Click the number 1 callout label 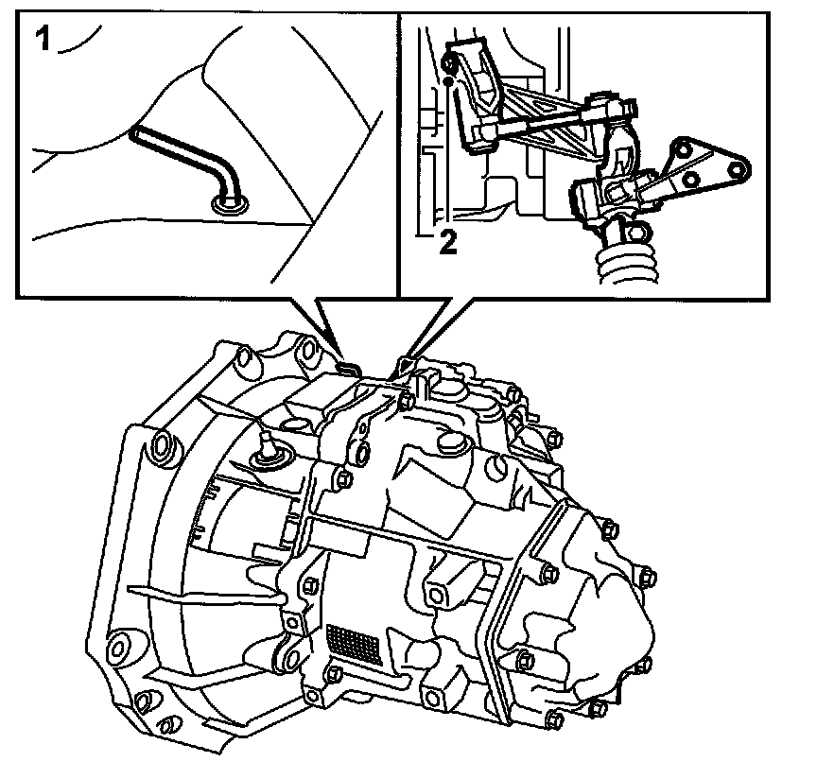(x=42, y=39)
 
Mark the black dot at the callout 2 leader (x=448, y=82)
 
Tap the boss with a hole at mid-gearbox (x=436, y=594)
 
